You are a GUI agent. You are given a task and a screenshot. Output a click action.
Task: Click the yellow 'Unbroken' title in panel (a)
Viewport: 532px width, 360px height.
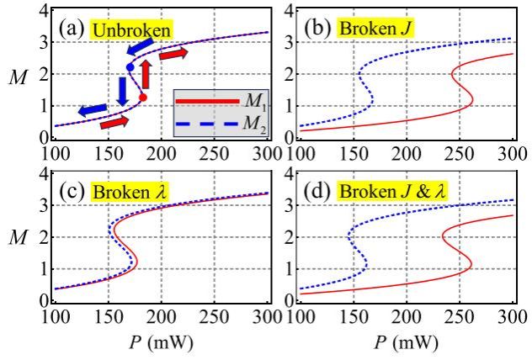click(x=132, y=29)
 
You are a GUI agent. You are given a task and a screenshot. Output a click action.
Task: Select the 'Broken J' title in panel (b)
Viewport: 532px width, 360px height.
click(x=364, y=29)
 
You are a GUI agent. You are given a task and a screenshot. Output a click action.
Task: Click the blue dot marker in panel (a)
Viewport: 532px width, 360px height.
click(x=130, y=66)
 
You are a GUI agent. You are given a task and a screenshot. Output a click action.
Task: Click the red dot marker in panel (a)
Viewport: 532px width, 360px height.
click(x=143, y=98)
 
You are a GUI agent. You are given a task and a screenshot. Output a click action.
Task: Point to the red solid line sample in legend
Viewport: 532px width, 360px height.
click(x=208, y=102)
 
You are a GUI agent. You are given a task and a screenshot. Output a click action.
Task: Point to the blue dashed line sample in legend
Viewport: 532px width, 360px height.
click(x=208, y=124)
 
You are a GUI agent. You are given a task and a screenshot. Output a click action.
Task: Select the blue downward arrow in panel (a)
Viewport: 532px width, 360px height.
click(x=125, y=87)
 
